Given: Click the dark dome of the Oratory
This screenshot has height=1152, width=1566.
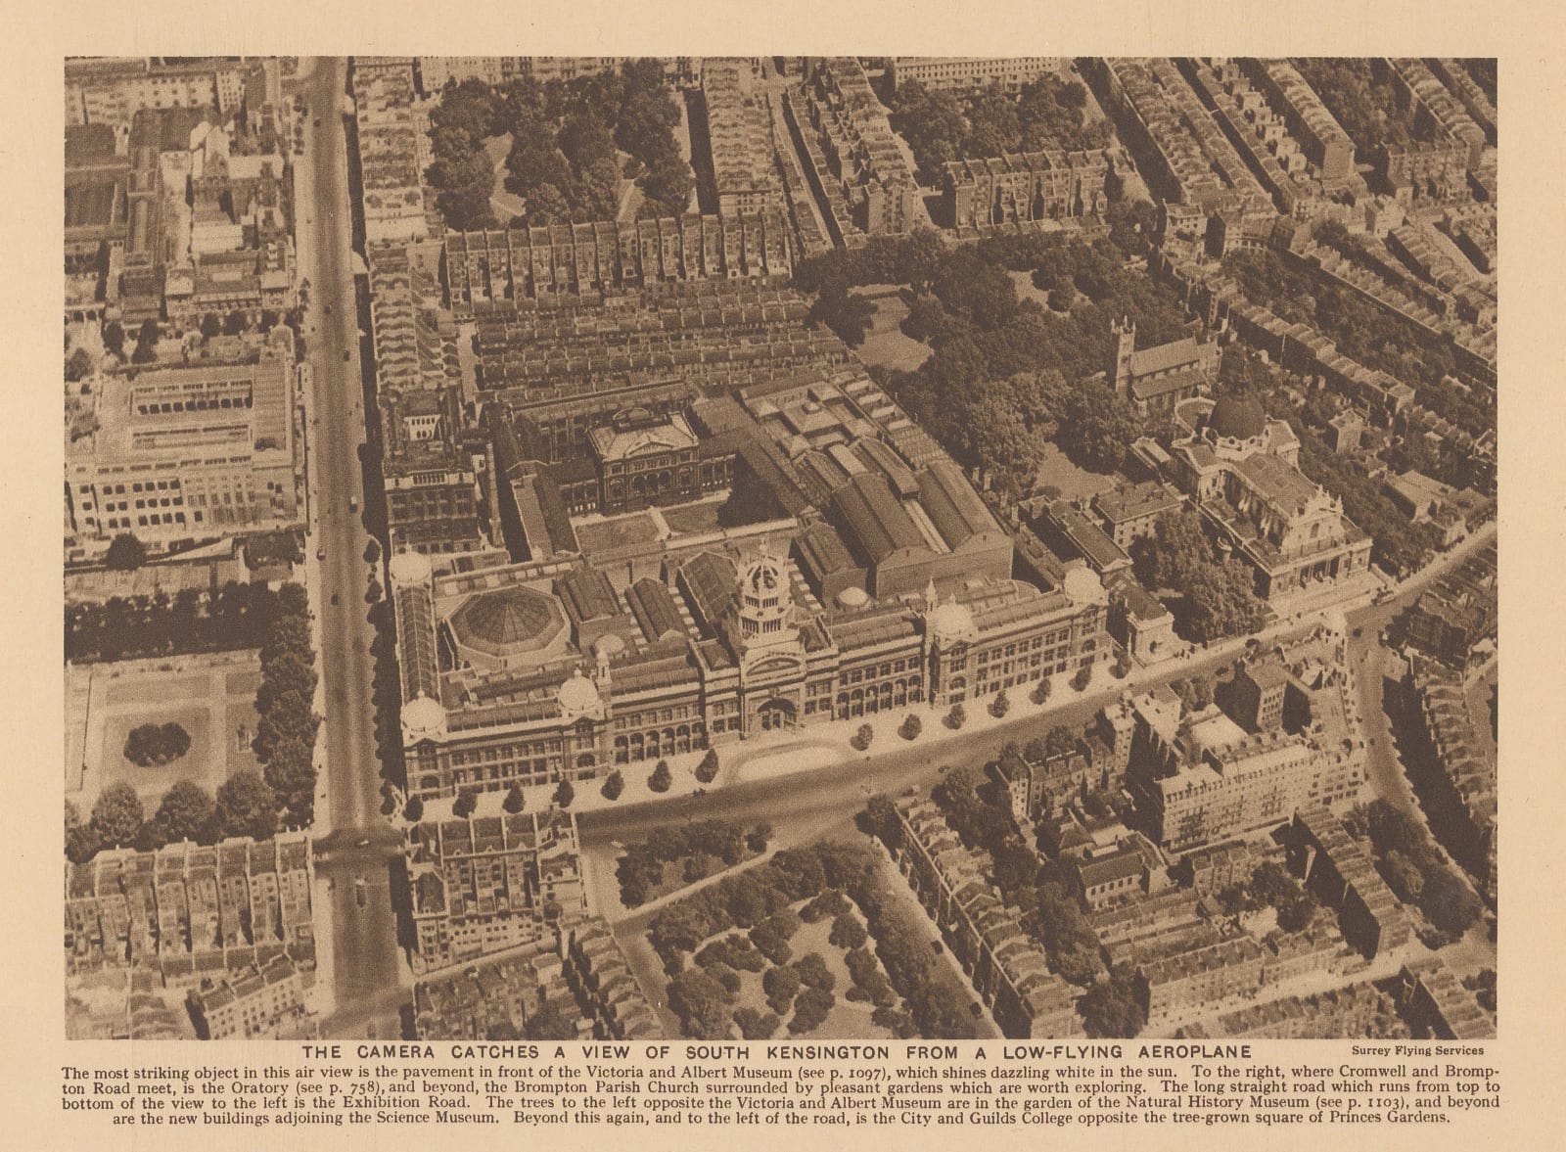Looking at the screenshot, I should [x=1237, y=412].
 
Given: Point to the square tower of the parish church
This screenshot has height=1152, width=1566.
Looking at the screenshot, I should [x=1122, y=347].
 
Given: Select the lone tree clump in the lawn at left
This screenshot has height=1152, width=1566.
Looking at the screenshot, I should [x=157, y=744].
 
